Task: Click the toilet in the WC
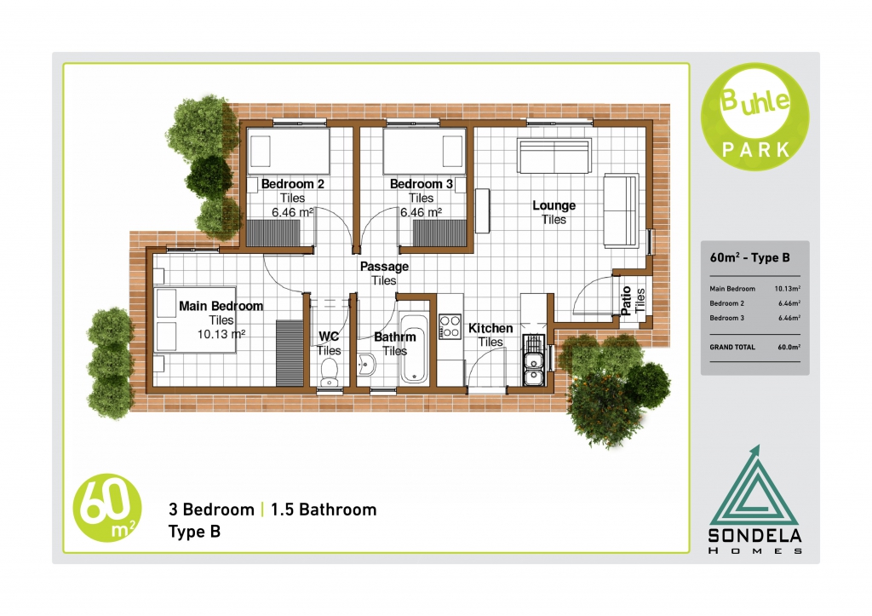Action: click(x=330, y=371)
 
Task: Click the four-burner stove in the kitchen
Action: click(x=450, y=326)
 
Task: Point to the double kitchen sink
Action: click(x=533, y=368)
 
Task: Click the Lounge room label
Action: click(x=554, y=205)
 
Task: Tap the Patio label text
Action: click(x=626, y=301)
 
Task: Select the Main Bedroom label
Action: click(x=221, y=306)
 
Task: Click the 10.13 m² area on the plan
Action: click(x=221, y=334)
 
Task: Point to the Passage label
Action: click(x=384, y=267)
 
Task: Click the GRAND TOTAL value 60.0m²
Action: click(x=789, y=347)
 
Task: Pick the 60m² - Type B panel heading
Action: click(x=749, y=257)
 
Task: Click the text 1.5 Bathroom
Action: click(x=324, y=509)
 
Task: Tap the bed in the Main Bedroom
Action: click(x=195, y=320)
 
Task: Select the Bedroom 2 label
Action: click(x=293, y=184)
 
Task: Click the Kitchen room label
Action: click(x=490, y=328)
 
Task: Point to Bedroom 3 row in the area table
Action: click(x=754, y=318)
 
